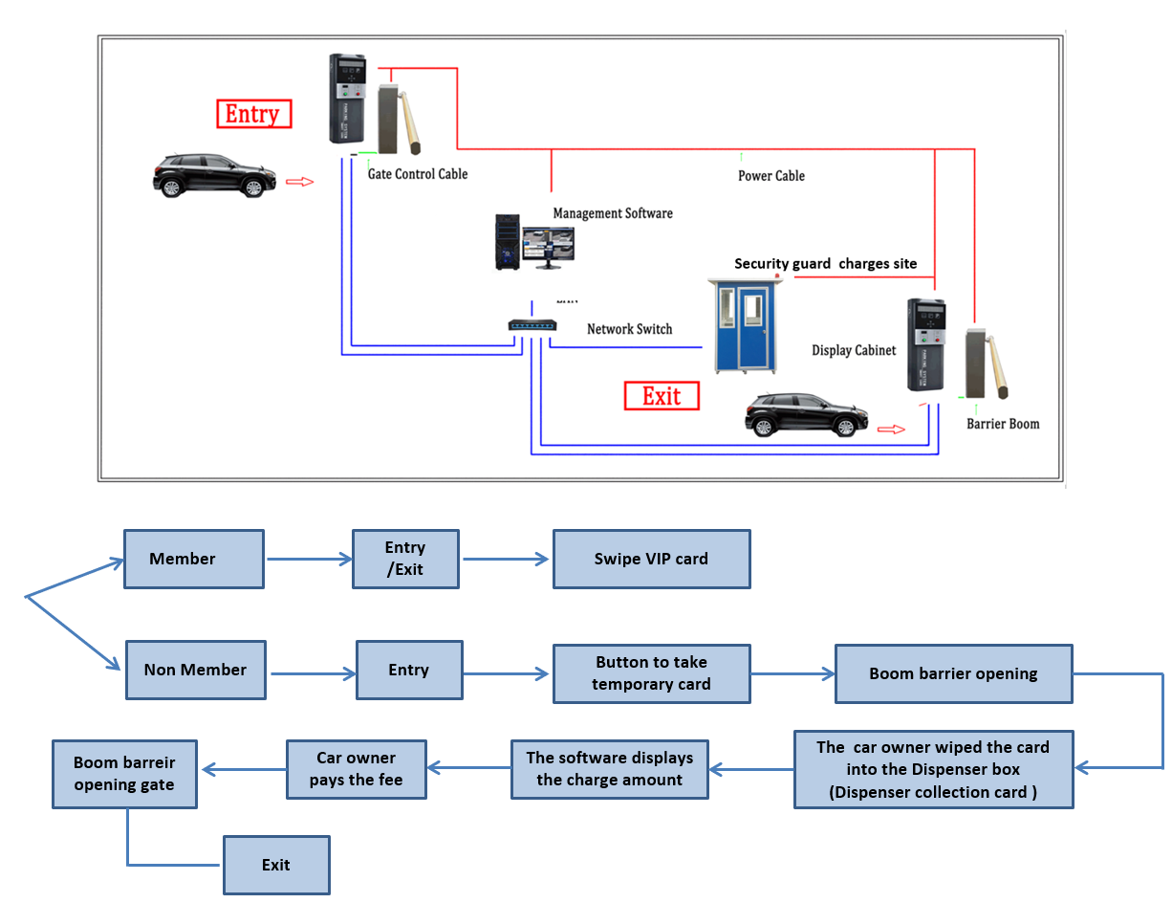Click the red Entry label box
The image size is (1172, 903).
[x=252, y=114]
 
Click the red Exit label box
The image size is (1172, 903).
[x=662, y=396]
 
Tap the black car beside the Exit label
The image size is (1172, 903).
[x=806, y=414]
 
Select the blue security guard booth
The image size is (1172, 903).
[x=744, y=325]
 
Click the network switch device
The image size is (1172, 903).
[x=532, y=326]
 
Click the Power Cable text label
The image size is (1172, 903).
[x=770, y=176]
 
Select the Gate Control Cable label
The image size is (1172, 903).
[x=418, y=174]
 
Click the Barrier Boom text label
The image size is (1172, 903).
[x=1003, y=424]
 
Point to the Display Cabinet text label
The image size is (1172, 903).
[x=854, y=350]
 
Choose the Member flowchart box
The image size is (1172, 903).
[x=194, y=559]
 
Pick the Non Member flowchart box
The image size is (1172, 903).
[x=195, y=670]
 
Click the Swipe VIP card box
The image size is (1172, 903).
[x=651, y=559]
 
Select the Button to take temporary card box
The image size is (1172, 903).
[x=651, y=672]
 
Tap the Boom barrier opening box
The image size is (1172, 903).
[x=953, y=673]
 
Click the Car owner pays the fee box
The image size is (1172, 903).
[x=357, y=769]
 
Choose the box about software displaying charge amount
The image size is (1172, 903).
[x=610, y=769]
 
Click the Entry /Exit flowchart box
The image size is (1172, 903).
[x=405, y=559]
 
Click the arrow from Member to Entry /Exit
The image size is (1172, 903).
[x=308, y=559]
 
